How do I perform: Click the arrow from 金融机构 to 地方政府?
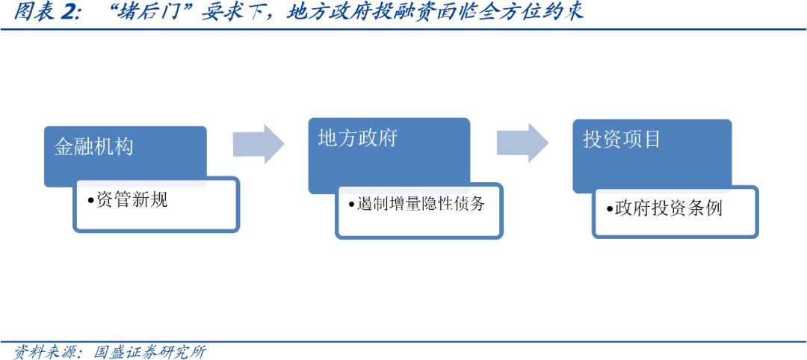pos(259,144)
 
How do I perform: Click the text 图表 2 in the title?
pos(46,13)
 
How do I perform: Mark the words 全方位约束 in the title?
pos(538,13)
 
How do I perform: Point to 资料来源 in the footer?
pos(43,352)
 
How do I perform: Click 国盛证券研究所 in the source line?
pos(149,352)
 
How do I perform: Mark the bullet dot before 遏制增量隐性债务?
pos(352,204)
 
